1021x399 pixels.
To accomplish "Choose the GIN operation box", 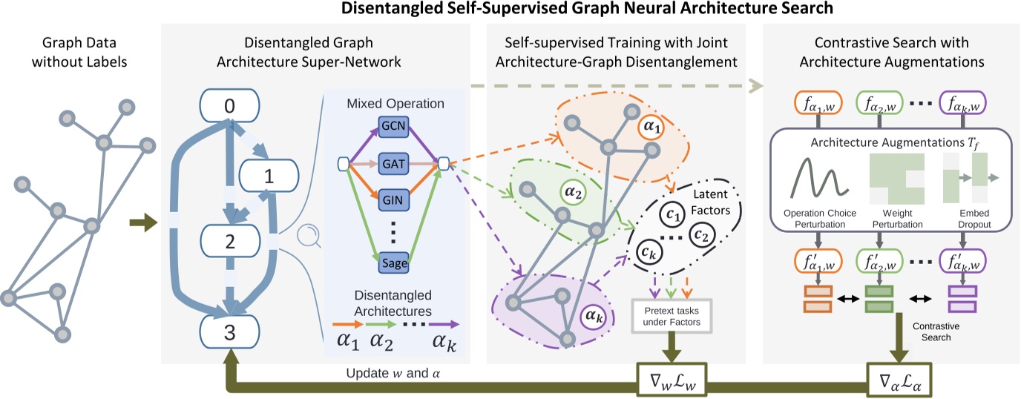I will coord(393,201).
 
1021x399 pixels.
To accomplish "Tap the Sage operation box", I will coord(393,263).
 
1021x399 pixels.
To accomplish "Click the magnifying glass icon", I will coord(305,237).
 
